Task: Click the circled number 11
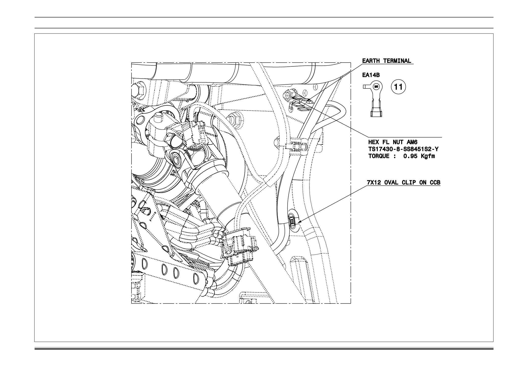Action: click(x=399, y=87)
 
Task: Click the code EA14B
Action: click(x=371, y=75)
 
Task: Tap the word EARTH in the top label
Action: click(x=371, y=61)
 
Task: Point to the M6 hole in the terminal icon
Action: click(x=376, y=86)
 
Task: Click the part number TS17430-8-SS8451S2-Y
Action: click(x=403, y=149)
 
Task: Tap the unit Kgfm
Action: click(x=428, y=156)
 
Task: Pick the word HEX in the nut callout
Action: click(x=373, y=143)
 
